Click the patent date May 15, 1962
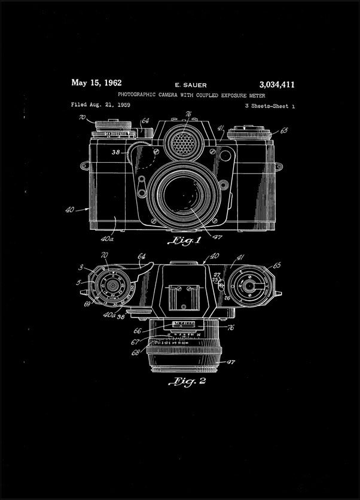pyautogui.click(x=96, y=83)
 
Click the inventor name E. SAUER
pyautogui.click(x=190, y=86)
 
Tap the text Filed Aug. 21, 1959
pyautogui.click(x=100, y=105)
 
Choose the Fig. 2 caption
pyautogui.click(x=187, y=381)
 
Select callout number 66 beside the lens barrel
pyautogui.click(x=138, y=330)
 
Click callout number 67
pyautogui.click(x=137, y=342)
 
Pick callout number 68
pyautogui.click(x=138, y=352)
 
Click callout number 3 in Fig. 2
pyautogui.click(x=80, y=269)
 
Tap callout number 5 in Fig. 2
pyautogui.click(x=79, y=282)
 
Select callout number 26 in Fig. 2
pyautogui.click(x=228, y=297)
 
